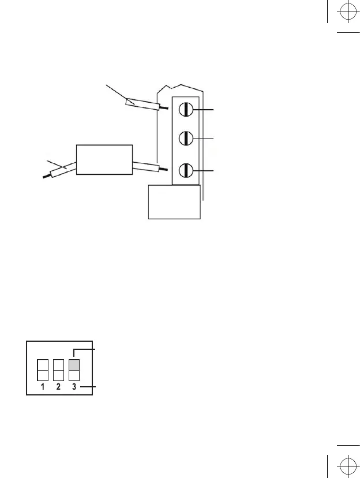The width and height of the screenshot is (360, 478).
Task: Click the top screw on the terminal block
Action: [186, 109]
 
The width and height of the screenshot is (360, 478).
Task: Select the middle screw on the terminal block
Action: [186, 139]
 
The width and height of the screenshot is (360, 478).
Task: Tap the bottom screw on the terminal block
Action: [186, 170]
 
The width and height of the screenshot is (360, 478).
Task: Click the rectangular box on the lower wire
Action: [104, 159]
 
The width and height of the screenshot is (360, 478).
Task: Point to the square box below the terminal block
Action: [174, 201]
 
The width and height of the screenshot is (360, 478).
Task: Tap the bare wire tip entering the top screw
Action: [165, 108]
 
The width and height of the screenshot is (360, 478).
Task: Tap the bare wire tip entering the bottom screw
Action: [166, 169]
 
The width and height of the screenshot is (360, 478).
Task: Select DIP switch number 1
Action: [43, 370]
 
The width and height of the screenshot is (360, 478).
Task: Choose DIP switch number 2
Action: [59, 370]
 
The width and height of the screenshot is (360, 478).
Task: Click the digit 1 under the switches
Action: [43, 387]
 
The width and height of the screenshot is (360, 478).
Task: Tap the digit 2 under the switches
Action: [59, 387]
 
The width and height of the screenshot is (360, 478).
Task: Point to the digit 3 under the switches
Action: [74, 387]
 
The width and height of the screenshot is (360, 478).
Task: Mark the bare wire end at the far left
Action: [46, 176]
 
